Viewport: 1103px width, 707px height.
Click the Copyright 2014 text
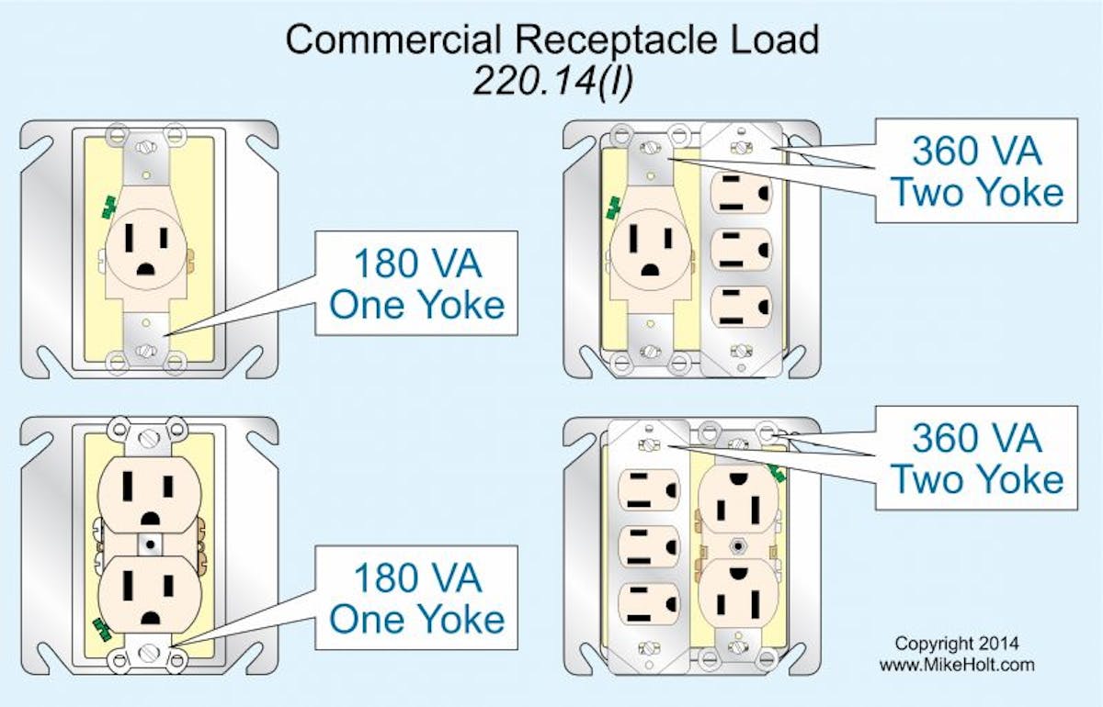point(956,644)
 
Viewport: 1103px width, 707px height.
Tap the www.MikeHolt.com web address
point(956,665)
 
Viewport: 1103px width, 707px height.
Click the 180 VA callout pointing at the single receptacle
point(417,284)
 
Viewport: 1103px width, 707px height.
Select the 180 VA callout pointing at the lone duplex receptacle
point(417,598)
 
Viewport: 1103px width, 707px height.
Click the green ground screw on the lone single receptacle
point(109,207)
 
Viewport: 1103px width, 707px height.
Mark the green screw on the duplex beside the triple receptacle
point(778,473)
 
